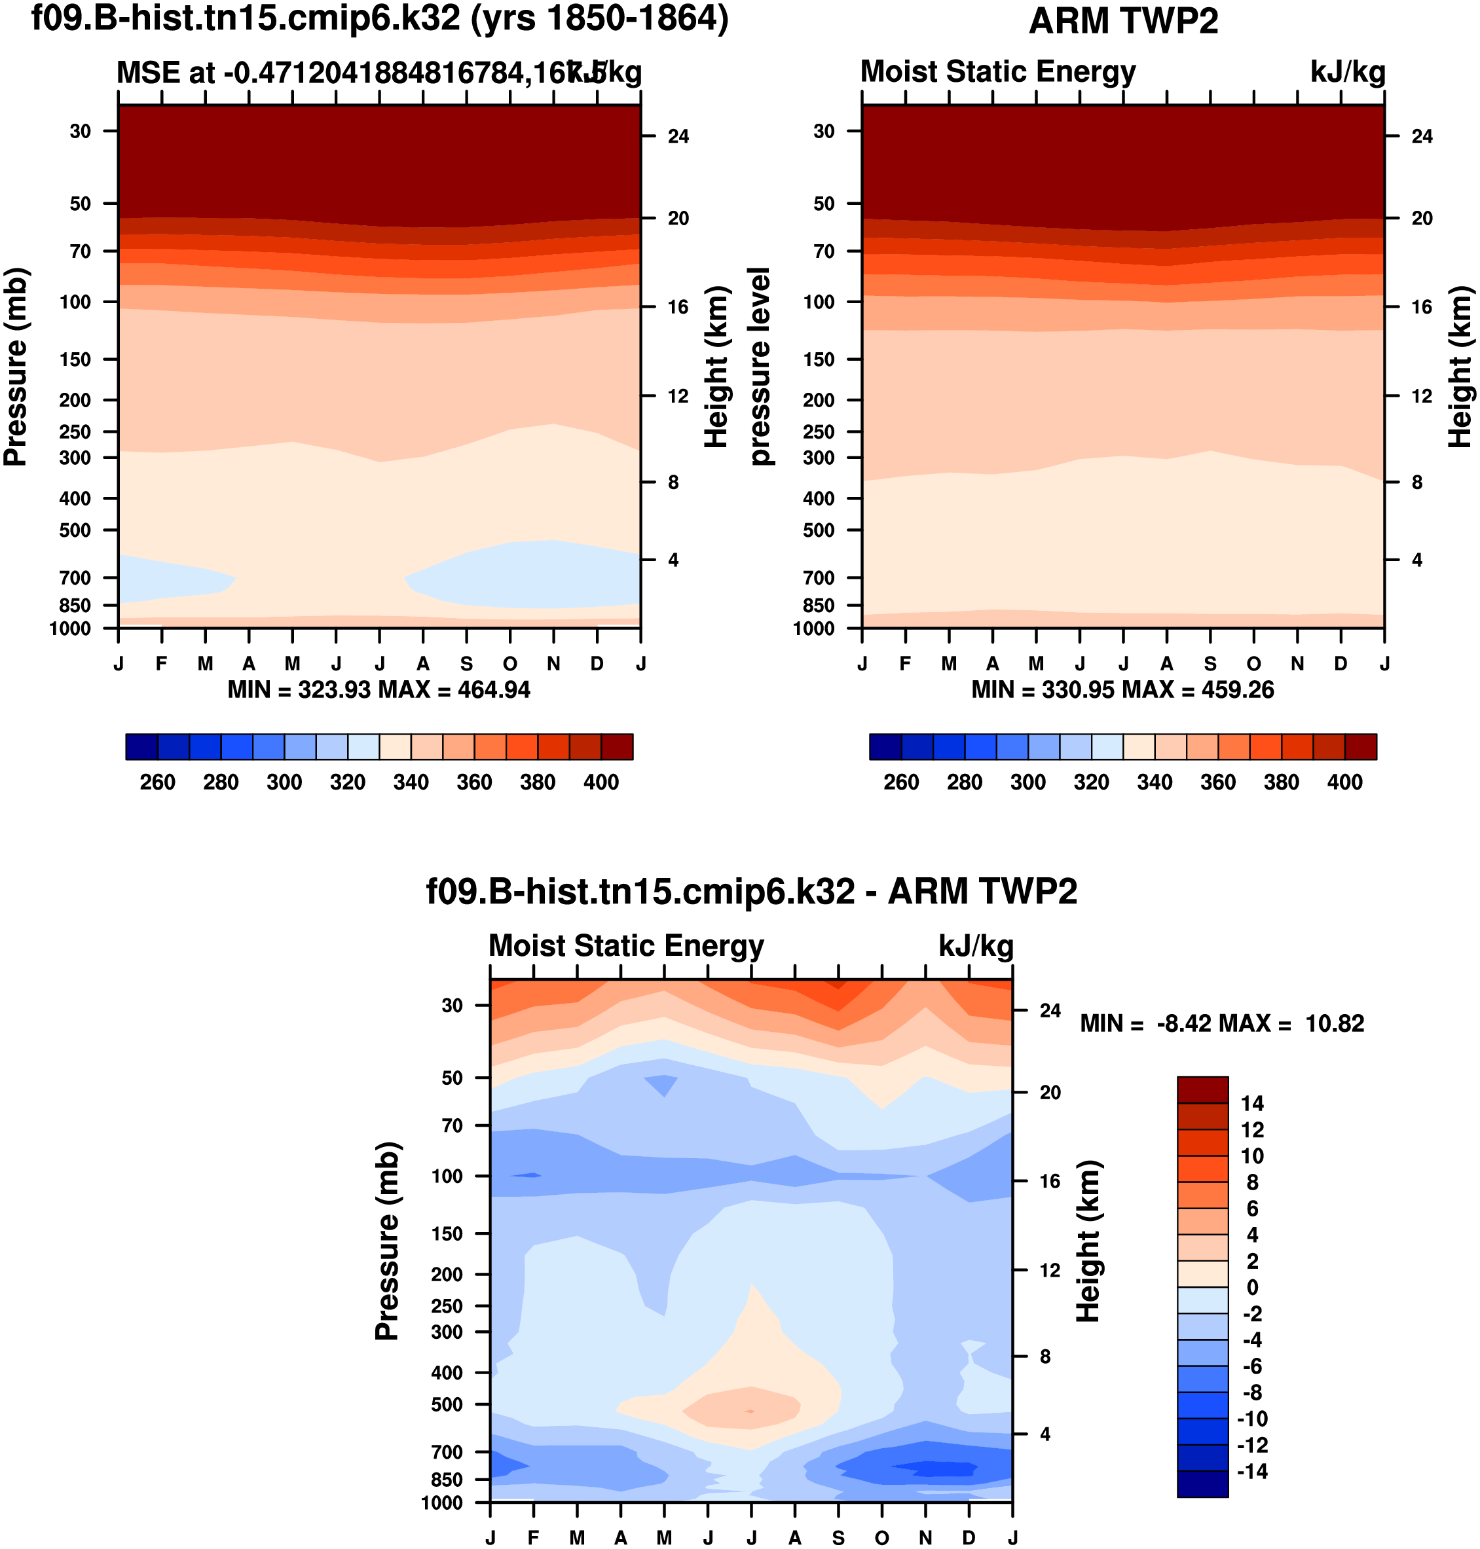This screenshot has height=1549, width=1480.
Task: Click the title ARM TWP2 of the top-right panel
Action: click(x=1122, y=22)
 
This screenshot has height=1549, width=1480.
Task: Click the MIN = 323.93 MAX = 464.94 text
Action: click(x=379, y=690)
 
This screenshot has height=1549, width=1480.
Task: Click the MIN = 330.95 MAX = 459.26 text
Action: click(x=1122, y=690)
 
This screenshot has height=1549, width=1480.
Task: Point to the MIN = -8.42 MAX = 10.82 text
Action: click(x=1222, y=1024)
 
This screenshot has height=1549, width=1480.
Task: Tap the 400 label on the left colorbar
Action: click(x=601, y=782)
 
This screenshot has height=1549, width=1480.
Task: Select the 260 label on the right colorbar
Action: click(x=901, y=782)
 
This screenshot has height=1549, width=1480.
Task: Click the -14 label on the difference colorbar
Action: click(x=1252, y=1472)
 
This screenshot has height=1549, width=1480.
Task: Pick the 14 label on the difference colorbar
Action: click(x=1252, y=1103)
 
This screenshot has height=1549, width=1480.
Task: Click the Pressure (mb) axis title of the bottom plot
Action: click(x=386, y=1241)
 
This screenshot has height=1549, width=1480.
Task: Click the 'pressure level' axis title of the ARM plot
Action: click(x=759, y=366)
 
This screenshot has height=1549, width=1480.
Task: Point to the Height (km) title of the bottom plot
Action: click(x=1088, y=1241)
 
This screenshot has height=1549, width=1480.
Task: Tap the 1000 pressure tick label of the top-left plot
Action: click(x=70, y=629)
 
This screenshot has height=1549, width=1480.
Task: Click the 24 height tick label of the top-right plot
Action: click(x=1422, y=136)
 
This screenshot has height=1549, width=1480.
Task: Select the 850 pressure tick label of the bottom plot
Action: click(x=447, y=1480)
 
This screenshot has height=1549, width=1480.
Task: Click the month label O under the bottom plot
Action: click(x=882, y=1538)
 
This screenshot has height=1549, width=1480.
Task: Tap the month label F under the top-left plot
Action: click(x=162, y=664)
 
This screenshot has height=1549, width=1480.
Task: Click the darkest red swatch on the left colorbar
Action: click(x=617, y=746)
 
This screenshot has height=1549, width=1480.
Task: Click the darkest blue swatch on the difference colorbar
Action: click(x=1202, y=1484)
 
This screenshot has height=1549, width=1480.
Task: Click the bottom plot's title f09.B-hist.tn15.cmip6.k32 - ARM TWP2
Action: click(x=751, y=892)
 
